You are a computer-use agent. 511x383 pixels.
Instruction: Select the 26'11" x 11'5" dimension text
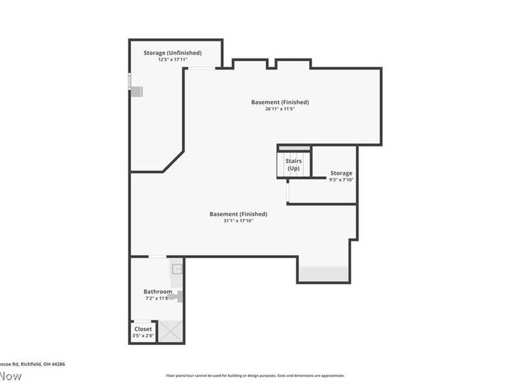click(280, 109)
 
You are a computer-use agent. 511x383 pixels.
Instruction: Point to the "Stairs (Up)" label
click(294, 165)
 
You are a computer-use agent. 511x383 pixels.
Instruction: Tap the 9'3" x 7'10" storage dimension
click(341, 180)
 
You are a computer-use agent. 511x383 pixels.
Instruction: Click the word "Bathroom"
click(157, 292)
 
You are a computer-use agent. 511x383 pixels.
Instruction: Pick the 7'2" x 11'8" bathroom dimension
click(156, 298)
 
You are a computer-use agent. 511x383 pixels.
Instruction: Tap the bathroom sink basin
click(177, 269)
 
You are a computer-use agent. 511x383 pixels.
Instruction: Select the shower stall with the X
click(170, 331)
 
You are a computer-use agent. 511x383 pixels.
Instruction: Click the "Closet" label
click(143, 329)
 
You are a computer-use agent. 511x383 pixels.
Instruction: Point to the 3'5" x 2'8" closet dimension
click(143, 336)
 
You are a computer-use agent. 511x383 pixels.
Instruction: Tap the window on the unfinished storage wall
click(130, 82)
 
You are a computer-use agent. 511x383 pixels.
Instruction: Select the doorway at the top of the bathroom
click(157, 257)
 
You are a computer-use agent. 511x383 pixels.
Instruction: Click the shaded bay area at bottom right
click(324, 273)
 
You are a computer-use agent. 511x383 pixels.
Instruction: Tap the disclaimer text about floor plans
click(256, 375)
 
